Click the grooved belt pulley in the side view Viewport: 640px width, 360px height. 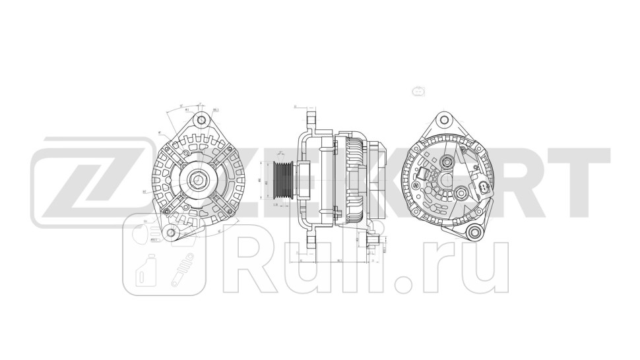click(284, 179)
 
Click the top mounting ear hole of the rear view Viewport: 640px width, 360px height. click(444, 121)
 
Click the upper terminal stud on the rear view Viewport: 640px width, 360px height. click(448, 162)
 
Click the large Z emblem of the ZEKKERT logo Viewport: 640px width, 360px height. click(86, 179)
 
